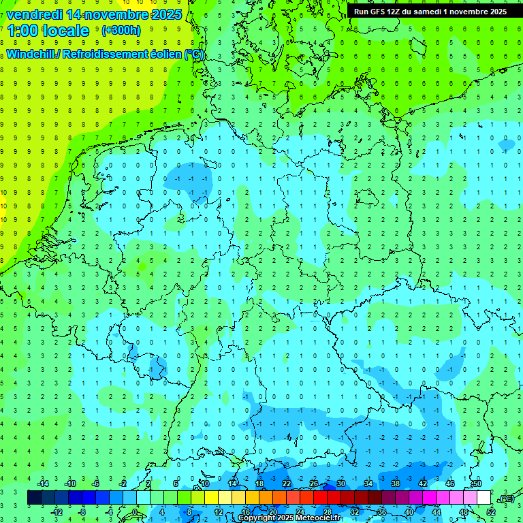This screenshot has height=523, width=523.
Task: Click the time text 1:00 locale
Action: pyautogui.click(x=48, y=31)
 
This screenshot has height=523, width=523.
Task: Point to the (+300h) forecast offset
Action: pyautogui.click(x=121, y=31)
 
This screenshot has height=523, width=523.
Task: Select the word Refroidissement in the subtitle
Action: pyautogui.click(x=104, y=54)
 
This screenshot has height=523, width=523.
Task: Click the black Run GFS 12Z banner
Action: pyautogui.click(x=430, y=11)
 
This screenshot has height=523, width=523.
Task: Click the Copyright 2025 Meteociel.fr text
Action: pyautogui.click(x=289, y=518)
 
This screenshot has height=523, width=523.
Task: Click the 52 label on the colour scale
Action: pyautogui.click(x=490, y=512)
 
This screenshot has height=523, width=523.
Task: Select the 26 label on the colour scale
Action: pyautogui.click(x=314, y=483)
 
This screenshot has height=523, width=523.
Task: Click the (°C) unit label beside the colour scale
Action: pyautogui.click(x=506, y=498)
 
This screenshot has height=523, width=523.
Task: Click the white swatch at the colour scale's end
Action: pyautogui.click(x=484, y=498)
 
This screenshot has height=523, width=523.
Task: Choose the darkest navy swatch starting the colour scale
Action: pyautogui.click(x=34, y=498)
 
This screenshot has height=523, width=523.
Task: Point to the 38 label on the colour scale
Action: pyautogui.click(x=396, y=483)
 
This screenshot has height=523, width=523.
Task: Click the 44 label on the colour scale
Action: pyautogui.click(x=437, y=512)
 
